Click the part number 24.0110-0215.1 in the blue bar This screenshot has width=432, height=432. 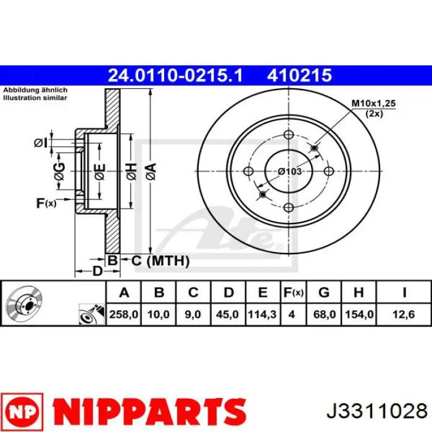pos(175,75)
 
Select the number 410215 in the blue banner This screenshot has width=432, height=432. pos(299,75)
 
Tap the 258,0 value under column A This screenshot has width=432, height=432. pos(123,314)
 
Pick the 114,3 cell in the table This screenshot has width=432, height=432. pos(262,314)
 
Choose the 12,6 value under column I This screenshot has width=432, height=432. pos(404,314)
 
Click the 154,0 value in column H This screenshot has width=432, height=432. pos(359,314)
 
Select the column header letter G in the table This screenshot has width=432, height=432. pos(324,293)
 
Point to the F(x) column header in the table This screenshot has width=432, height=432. pos(293,293)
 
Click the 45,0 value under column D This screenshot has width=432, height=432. pos(227,314)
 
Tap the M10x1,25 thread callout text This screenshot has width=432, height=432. pos(373,104)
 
